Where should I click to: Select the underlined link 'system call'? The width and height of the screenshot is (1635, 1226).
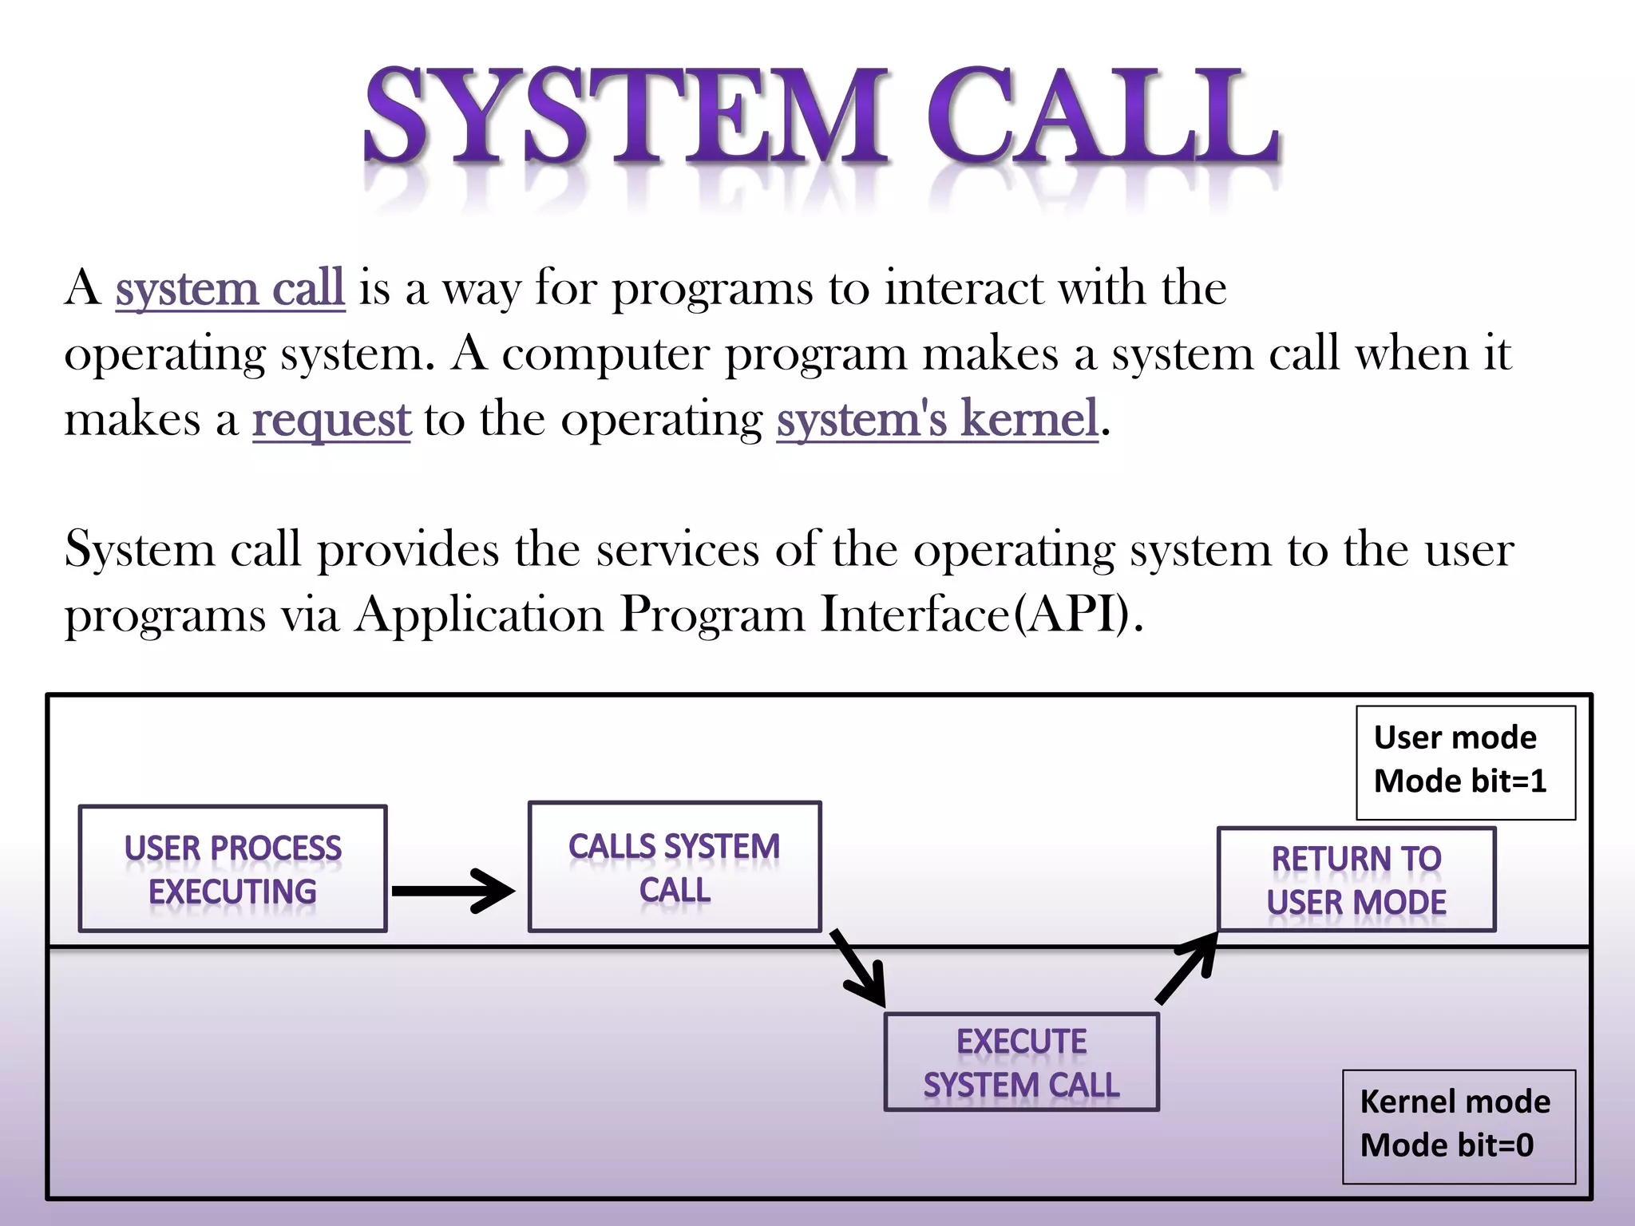click(x=230, y=288)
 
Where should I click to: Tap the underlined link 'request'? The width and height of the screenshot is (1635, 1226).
click(x=331, y=420)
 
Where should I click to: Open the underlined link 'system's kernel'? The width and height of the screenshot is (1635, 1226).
click(x=937, y=420)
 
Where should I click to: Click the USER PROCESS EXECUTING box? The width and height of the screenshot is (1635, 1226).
click(x=232, y=868)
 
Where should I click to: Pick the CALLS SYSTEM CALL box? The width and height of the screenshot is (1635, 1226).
click(x=675, y=867)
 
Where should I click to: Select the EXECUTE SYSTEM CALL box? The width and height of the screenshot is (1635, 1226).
click(x=1021, y=1062)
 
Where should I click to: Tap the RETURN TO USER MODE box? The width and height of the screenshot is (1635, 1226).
click(x=1356, y=880)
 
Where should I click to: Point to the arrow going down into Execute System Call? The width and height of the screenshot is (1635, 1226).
click(x=859, y=968)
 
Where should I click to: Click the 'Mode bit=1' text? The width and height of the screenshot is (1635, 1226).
click(x=1459, y=781)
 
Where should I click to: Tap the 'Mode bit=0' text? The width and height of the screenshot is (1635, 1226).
click(x=1447, y=1145)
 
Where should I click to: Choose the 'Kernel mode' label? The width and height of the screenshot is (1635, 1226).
click(x=1455, y=1102)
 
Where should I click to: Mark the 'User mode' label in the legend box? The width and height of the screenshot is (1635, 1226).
click(x=1455, y=738)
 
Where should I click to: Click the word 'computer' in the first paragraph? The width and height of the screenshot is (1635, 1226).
click(x=605, y=355)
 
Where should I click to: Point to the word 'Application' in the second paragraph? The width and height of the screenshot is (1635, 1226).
click(x=480, y=615)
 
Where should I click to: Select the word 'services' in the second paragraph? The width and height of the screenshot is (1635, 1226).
click(x=678, y=550)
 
